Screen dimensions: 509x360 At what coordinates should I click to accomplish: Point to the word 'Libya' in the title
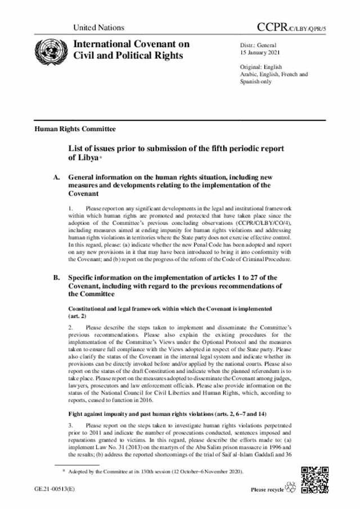coord(80,159)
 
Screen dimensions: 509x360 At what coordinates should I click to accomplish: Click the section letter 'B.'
coord(56,278)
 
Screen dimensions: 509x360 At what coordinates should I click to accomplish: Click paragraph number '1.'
coord(71,209)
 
